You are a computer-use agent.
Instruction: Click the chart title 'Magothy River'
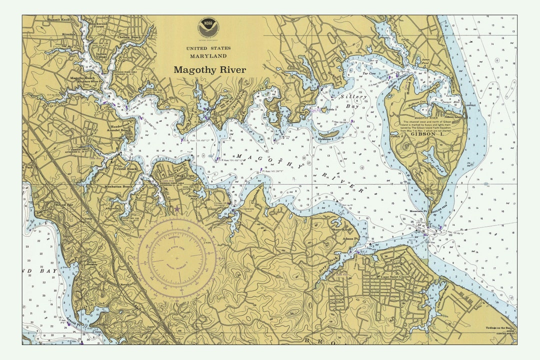pyautogui.click(x=209, y=70)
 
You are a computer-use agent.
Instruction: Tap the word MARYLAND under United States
pyautogui.click(x=208, y=56)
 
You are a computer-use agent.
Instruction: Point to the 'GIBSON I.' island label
pyautogui.click(x=426, y=134)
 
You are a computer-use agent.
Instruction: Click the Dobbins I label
pyautogui.click(x=325, y=139)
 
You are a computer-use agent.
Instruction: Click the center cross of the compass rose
pyautogui.click(x=176, y=258)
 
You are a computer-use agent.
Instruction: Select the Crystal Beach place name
pyautogui.click(x=125, y=169)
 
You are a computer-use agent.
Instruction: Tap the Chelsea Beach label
pyautogui.click(x=128, y=37)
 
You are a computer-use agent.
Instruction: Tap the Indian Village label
pyautogui.click(x=101, y=55)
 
